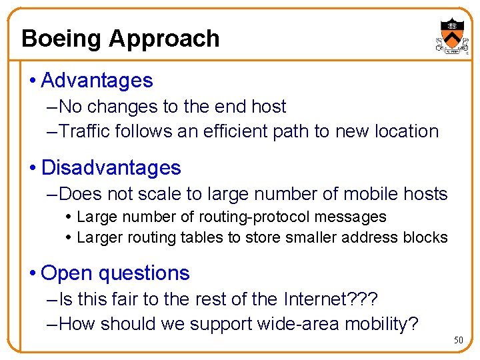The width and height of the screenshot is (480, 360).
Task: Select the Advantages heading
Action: [97, 81]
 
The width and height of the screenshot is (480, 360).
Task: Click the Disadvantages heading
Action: [111, 167]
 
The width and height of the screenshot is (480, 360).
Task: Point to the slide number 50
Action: [458, 341]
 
